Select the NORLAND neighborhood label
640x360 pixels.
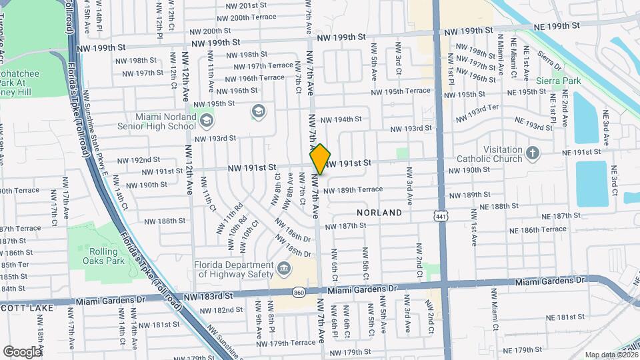379,213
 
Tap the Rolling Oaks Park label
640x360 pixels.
107,256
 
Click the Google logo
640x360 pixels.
21,351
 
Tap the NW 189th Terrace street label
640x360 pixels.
353,189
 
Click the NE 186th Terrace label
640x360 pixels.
535,229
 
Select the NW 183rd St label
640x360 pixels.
207,295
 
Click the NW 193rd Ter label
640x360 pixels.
477,113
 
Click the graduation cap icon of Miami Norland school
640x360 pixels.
207,120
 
